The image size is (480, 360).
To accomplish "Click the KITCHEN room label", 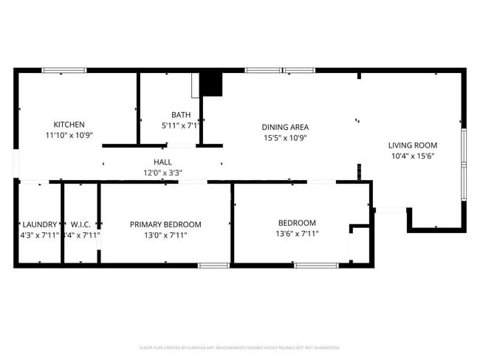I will (x=69, y=125).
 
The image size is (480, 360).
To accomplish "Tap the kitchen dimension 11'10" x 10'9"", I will (x=69, y=136).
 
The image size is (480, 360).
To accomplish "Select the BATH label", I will (x=181, y=114).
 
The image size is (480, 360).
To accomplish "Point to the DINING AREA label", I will (x=286, y=127).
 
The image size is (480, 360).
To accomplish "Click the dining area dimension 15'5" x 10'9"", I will (x=286, y=138).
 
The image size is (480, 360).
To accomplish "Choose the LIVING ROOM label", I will (x=413, y=145).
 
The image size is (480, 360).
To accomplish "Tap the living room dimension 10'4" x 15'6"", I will (x=413, y=156).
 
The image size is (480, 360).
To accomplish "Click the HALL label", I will (x=162, y=162).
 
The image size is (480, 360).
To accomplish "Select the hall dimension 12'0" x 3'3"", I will (x=162, y=173).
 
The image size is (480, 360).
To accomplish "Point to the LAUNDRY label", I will (x=40, y=224).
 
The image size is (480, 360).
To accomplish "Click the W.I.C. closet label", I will (x=80, y=224).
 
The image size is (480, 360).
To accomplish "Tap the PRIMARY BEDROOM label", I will (x=165, y=224).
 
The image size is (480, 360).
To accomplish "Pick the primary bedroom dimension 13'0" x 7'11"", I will (x=165, y=235).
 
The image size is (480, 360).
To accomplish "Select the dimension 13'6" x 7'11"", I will (x=297, y=234).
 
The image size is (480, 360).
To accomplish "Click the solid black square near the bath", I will (x=212, y=84).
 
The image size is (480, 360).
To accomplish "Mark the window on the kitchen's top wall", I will (x=64, y=70).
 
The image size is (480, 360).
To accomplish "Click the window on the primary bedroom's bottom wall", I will (x=213, y=265).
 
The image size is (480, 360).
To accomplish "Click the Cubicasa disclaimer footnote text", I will (x=239, y=347).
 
